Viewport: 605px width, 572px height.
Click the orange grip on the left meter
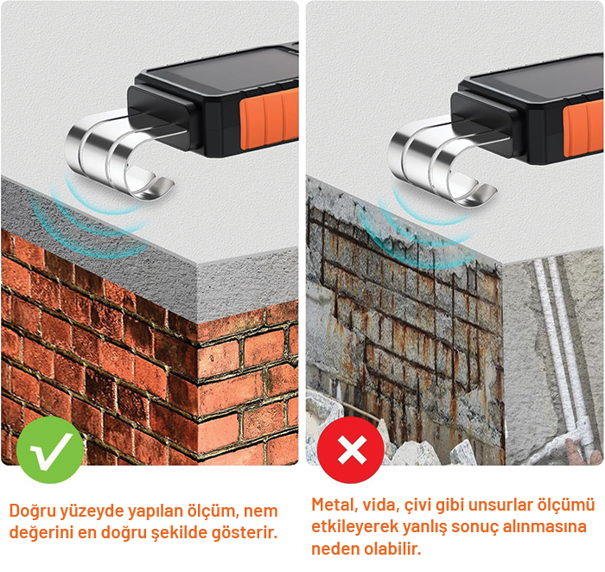[x=270, y=118]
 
